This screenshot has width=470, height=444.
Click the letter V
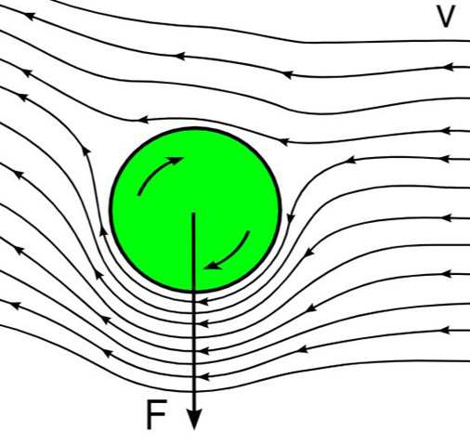click(446, 17)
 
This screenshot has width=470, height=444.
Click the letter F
click(157, 414)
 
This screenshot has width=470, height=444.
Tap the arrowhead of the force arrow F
click(194, 419)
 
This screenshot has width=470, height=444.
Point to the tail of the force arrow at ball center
click(193, 213)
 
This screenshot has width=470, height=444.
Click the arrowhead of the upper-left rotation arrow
click(175, 161)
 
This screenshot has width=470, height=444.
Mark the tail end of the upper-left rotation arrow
click(139, 194)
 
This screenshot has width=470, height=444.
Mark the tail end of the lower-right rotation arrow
click(248, 231)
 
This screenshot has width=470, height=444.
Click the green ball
click(196, 210)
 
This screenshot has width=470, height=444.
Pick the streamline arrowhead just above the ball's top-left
click(144, 119)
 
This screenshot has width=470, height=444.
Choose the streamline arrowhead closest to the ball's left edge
click(104, 230)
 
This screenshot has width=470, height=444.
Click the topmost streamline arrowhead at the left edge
click(29, 16)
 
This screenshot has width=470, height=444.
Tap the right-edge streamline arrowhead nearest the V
click(449, 67)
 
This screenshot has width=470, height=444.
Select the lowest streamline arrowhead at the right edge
click(445, 331)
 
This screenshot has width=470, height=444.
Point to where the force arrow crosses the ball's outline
click(193, 292)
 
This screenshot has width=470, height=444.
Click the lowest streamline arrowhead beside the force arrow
click(204, 377)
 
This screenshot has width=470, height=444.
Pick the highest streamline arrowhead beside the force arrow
click(204, 300)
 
